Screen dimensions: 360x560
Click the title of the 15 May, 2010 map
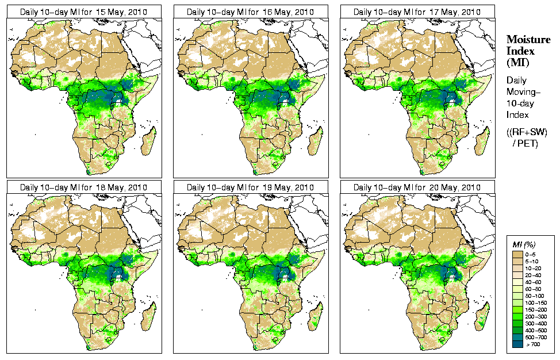(x=83, y=12)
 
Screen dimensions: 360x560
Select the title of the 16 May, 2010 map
(x=250, y=12)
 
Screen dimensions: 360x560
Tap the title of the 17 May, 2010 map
(x=417, y=12)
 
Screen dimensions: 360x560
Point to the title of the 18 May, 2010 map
(x=83, y=187)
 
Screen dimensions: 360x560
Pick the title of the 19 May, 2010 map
(x=250, y=187)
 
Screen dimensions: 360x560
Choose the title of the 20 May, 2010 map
(x=417, y=187)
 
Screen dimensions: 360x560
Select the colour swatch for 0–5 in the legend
(x=517, y=253)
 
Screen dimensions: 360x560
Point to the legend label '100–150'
(x=536, y=301)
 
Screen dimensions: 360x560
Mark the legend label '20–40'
(x=535, y=274)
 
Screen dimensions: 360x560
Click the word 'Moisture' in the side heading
(x=528, y=39)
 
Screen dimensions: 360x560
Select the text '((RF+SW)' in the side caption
(x=527, y=132)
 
